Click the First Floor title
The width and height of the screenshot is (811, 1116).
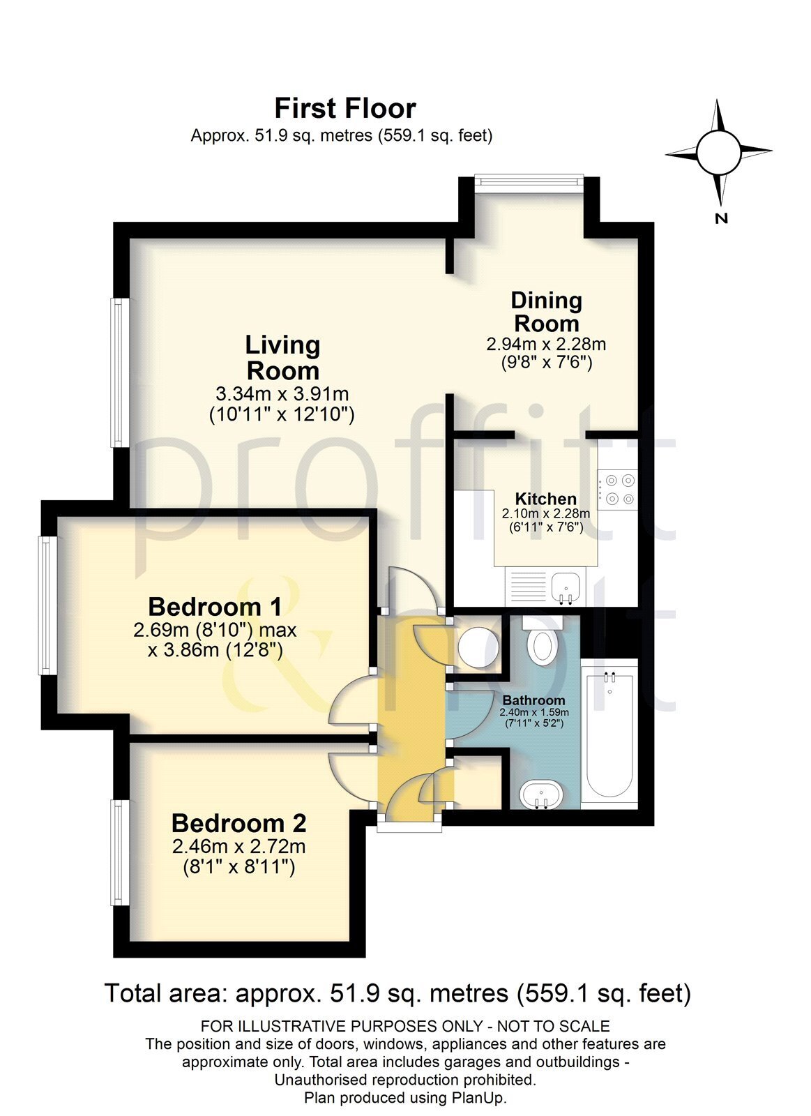(344, 109)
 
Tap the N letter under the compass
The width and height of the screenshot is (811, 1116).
(721, 218)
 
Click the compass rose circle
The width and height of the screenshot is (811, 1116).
(718, 153)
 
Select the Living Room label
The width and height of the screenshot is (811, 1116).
(282, 357)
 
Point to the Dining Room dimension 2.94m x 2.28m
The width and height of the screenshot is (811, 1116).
(546, 344)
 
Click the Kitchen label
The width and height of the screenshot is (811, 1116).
(545, 499)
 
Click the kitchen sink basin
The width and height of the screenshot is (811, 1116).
(565, 585)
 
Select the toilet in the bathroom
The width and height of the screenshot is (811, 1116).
(540, 642)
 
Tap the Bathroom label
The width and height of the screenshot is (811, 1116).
(533, 700)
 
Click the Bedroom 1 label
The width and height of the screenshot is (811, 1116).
(215, 606)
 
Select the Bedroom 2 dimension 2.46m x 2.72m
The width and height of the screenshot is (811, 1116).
(238, 846)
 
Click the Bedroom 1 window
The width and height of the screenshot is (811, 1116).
(46, 605)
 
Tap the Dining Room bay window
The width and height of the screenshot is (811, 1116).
(529, 180)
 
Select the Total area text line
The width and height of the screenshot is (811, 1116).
(397, 993)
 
